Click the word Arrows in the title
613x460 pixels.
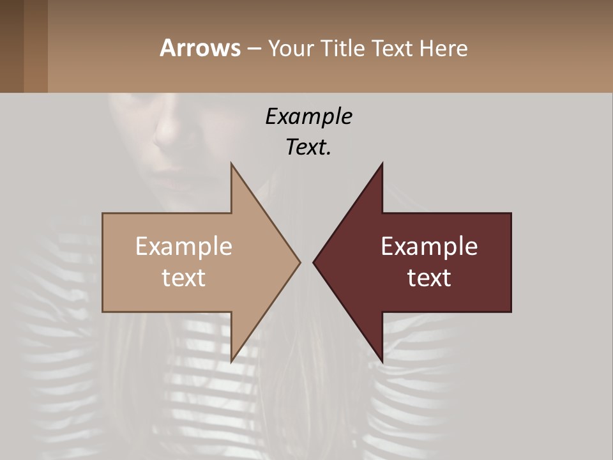click(200, 48)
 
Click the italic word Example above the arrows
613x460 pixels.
click(308, 116)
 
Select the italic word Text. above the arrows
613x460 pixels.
click(308, 147)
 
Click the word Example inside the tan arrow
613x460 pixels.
click(183, 247)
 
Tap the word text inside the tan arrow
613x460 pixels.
click(183, 278)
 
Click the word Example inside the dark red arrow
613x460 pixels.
click(429, 247)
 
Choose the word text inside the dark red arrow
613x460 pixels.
click(429, 278)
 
